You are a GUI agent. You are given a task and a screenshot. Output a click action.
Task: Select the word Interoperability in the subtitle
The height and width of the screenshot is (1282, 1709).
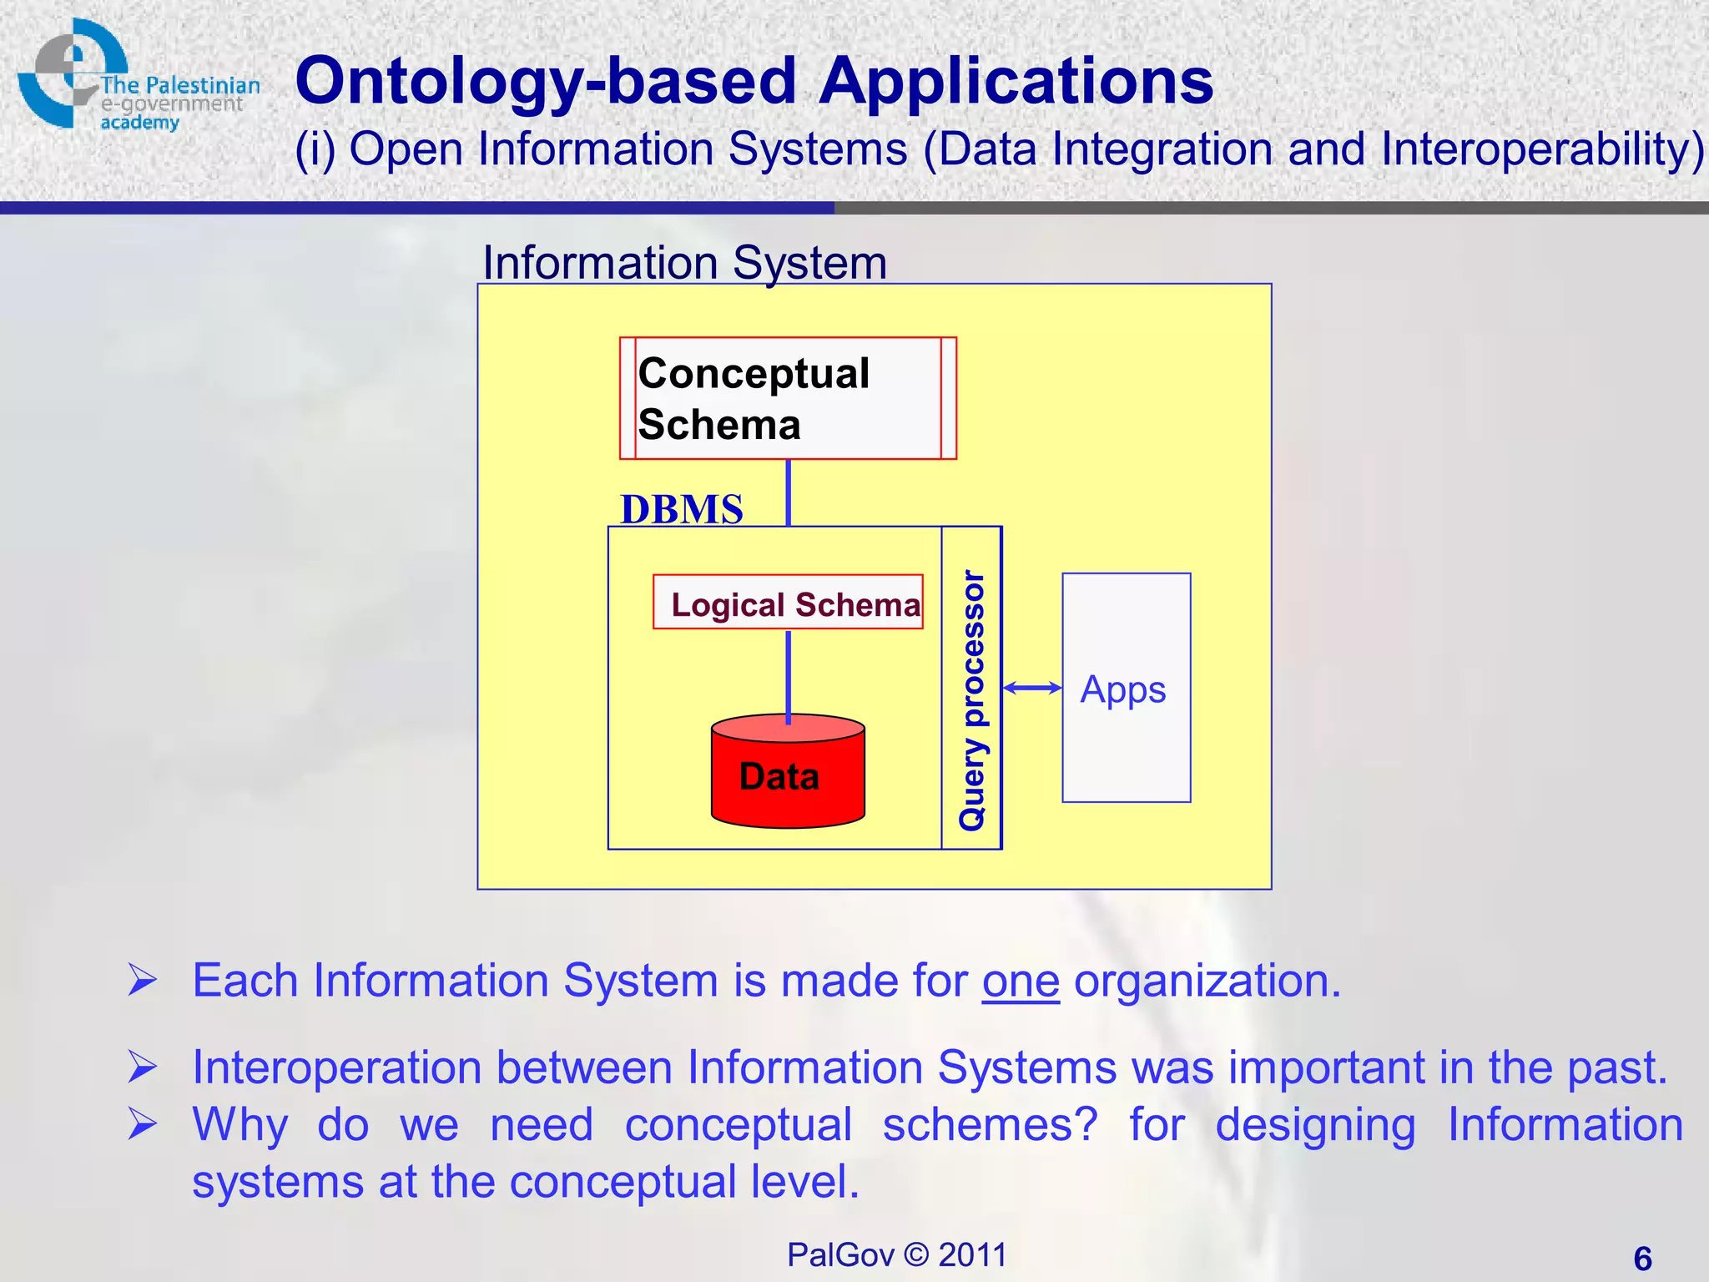coord(1540,150)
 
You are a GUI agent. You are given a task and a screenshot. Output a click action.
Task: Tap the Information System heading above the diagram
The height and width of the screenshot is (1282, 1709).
coord(684,263)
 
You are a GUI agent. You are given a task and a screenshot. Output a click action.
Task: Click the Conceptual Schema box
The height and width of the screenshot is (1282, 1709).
coord(788,398)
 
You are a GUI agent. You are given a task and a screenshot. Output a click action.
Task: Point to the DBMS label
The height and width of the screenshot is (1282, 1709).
coord(682,509)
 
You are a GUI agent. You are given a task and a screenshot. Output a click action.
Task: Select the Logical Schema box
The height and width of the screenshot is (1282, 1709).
coord(788,603)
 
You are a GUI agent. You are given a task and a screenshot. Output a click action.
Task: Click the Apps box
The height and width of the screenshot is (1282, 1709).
coord(1126,688)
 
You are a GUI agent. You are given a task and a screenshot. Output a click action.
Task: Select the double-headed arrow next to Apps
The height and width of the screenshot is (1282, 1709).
coord(1032,688)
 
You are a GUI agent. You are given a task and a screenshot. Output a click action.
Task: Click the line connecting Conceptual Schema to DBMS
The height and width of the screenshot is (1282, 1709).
coord(789,492)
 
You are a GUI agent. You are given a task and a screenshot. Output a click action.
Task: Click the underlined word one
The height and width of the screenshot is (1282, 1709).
coord(1020,982)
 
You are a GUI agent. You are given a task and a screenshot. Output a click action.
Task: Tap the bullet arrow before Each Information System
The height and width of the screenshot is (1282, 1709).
coord(143,980)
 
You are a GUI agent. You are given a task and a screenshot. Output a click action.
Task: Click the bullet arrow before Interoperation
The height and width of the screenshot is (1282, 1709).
coord(143,1067)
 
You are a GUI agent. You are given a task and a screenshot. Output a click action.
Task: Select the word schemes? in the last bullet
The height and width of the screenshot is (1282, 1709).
coord(990,1125)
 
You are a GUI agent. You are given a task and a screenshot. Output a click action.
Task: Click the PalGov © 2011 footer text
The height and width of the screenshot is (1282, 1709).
coord(896,1254)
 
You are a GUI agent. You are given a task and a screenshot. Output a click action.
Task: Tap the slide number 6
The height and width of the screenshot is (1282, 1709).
coord(1642,1259)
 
